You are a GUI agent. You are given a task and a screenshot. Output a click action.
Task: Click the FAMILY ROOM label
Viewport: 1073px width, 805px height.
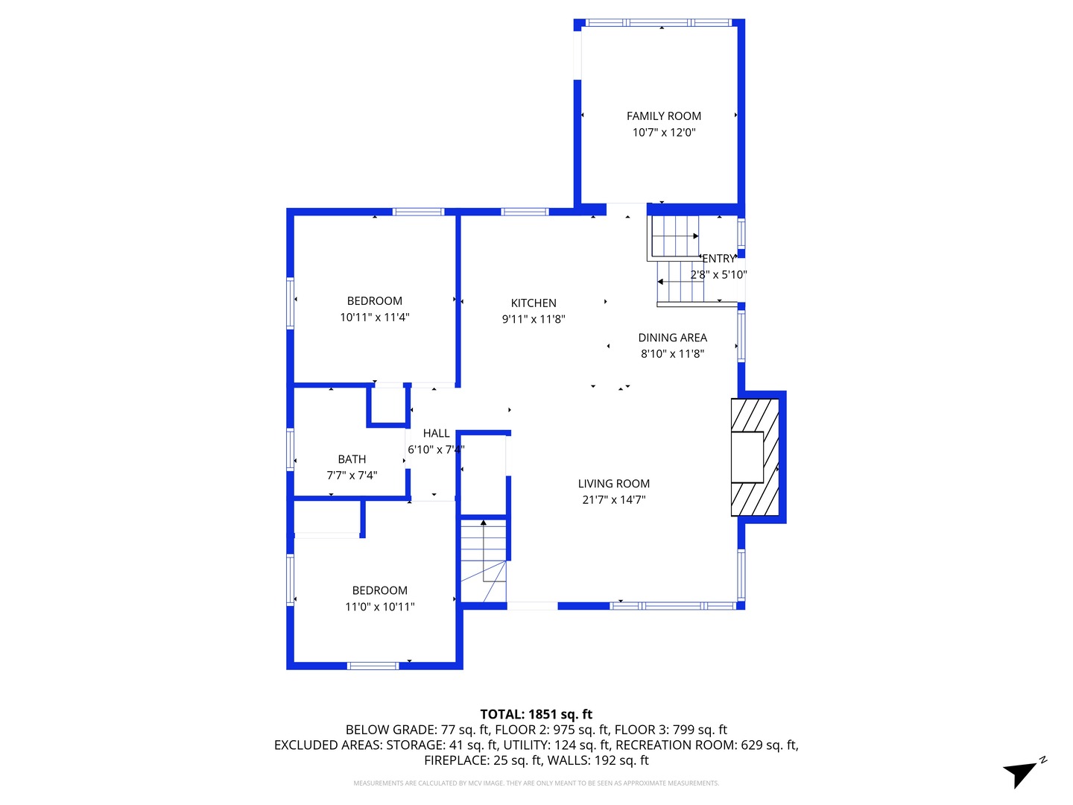[x=663, y=116]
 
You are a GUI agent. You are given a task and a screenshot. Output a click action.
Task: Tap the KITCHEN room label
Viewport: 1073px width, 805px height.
[x=534, y=303]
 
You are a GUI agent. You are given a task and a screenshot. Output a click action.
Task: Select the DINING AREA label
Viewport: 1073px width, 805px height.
[x=672, y=338]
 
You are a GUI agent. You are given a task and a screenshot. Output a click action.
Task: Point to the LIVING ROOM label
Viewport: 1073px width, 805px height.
[x=613, y=484]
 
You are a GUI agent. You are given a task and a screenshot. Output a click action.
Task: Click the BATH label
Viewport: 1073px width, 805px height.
[x=352, y=460]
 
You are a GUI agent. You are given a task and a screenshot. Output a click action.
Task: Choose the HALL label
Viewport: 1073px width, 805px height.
[x=436, y=433]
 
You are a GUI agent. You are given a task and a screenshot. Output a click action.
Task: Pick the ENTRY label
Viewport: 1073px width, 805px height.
[x=718, y=259]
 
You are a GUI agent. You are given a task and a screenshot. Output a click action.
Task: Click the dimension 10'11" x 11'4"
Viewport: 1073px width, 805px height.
[x=374, y=318]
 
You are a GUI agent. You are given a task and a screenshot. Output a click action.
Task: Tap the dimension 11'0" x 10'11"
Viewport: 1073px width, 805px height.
[x=379, y=607]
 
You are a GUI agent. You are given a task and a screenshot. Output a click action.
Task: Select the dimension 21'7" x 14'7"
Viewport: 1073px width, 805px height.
[x=613, y=500]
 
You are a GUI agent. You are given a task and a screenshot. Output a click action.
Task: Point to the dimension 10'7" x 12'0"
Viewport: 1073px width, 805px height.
[x=663, y=133]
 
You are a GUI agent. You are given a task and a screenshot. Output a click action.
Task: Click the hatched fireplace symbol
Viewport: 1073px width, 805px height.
[x=755, y=457]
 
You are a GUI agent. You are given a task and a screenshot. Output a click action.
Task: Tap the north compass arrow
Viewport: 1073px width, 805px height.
[x=1022, y=773]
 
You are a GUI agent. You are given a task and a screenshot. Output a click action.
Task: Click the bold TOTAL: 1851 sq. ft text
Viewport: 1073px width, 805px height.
[x=536, y=714]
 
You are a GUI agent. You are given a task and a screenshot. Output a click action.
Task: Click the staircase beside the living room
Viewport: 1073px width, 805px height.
[x=484, y=560]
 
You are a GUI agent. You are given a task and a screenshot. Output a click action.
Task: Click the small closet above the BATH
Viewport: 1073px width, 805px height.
[x=388, y=405]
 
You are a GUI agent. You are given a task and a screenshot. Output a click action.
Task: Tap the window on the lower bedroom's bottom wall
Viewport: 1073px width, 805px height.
[x=373, y=666]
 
